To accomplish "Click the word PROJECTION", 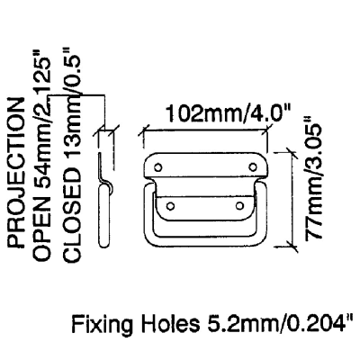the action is click(15, 173).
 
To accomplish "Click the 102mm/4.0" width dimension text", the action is click(226, 113).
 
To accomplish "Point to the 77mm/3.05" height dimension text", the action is click(314, 178).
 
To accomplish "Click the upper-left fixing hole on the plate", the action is click(158, 167).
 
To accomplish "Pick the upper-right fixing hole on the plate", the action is click(253, 166).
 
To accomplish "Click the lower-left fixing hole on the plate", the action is click(170, 206).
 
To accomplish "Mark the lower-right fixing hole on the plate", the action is click(239, 205).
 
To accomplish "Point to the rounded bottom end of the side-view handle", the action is click(103, 244).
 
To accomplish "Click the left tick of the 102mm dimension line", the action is click(143, 131).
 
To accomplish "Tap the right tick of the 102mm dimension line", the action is click(265, 130).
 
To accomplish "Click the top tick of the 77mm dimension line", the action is click(292, 152).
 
